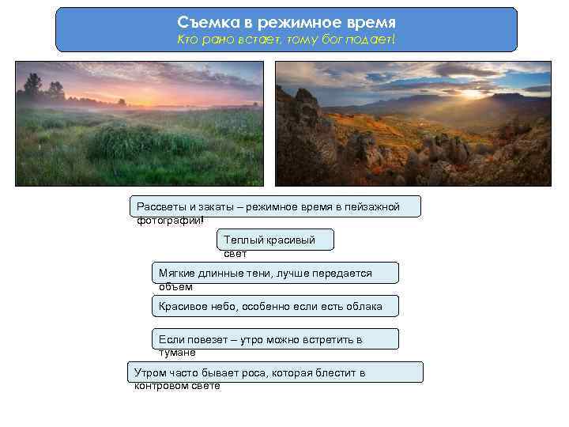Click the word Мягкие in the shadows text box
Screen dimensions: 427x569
click(x=177, y=273)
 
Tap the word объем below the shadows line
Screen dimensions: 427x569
click(x=175, y=286)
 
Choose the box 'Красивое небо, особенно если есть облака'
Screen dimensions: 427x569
click(x=274, y=306)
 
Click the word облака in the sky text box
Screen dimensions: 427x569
click(x=364, y=306)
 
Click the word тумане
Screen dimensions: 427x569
click(x=177, y=353)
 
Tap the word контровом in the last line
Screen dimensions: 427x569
click(x=164, y=386)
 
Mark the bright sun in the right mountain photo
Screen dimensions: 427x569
click(x=472, y=93)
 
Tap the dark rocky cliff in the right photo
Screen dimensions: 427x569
click(x=304, y=134)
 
